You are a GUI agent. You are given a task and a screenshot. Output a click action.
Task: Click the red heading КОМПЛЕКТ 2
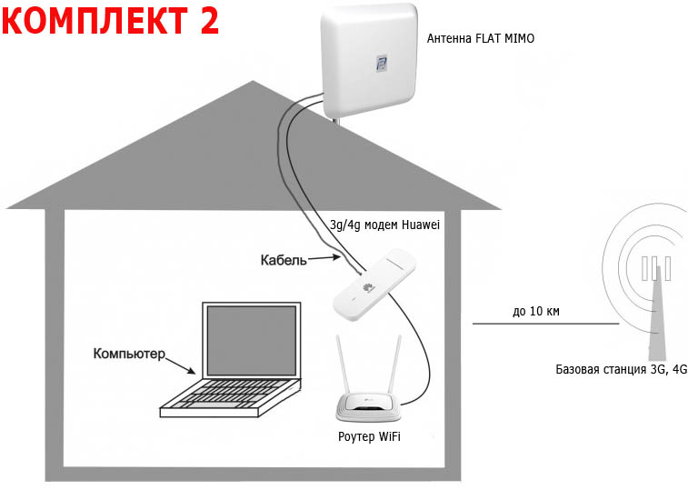click(x=111, y=20)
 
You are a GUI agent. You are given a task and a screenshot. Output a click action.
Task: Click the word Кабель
click(x=284, y=260)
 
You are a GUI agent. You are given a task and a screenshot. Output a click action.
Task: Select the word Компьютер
click(x=129, y=352)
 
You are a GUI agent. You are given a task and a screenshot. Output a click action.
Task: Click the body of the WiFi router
click(x=370, y=409)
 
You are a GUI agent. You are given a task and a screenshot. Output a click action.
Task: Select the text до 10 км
click(x=535, y=312)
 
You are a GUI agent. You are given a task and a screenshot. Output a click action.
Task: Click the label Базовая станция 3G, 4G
click(x=621, y=369)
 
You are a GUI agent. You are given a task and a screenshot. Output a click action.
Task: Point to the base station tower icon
click(x=654, y=300)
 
